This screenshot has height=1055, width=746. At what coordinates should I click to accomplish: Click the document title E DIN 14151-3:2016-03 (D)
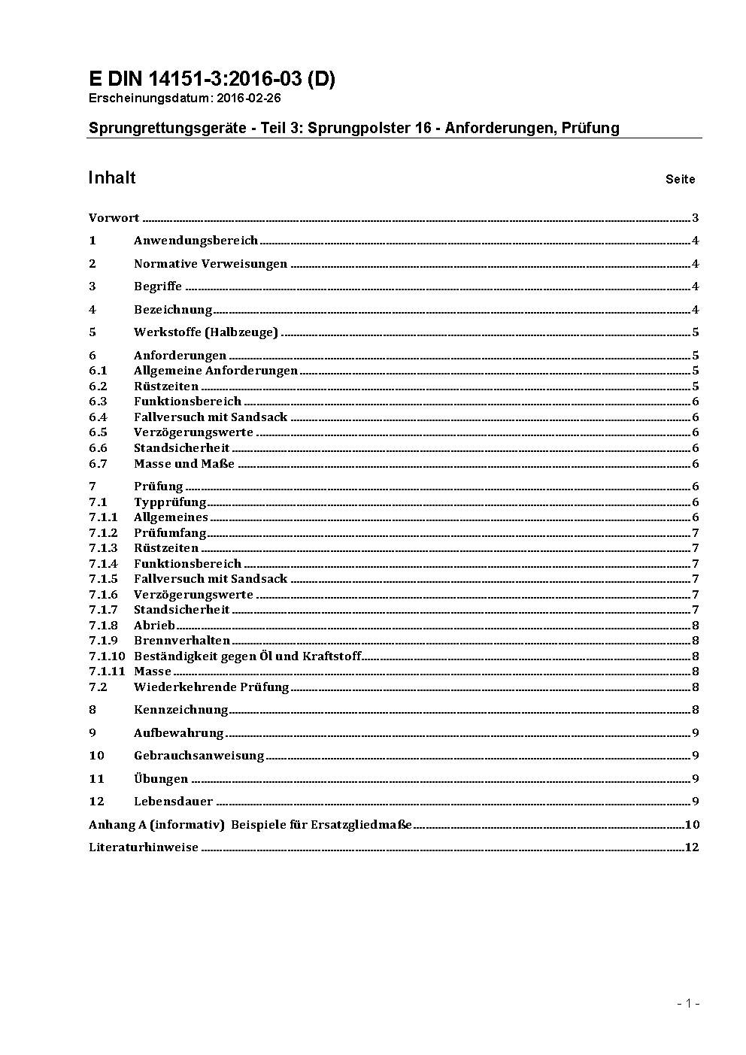[x=211, y=79]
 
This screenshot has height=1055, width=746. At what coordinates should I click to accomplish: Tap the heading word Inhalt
[x=112, y=177]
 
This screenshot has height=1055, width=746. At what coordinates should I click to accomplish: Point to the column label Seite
[x=680, y=180]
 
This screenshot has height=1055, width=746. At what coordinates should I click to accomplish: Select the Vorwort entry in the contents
[x=114, y=218]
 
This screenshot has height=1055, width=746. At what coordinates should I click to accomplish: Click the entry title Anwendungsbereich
[x=196, y=241]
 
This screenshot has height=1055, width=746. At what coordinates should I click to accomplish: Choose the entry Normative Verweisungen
[x=211, y=264]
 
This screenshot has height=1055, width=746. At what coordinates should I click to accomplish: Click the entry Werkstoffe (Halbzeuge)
[x=206, y=332]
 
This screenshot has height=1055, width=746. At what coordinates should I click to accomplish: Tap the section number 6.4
[x=98, y=417]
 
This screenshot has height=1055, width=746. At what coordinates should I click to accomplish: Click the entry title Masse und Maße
[x=184, y=464]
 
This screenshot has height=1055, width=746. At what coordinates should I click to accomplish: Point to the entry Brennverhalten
[x=182, y=641]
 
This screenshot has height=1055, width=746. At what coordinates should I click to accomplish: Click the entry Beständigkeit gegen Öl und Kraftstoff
[x=247, y=656]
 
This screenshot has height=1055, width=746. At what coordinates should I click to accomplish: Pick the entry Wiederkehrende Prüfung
[x=211, y=687]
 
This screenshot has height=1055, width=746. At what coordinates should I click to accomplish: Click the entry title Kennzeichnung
[x=180, y=710]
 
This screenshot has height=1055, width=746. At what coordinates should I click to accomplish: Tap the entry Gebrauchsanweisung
[x=199, y=756]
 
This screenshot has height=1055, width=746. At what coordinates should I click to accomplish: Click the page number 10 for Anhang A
[x=692, y=825]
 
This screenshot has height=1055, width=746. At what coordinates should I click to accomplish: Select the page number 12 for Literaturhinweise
[x=692, y=847]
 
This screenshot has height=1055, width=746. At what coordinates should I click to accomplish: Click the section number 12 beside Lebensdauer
[x=96, y=802]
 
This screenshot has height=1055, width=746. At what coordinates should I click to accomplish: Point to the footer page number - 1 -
[x=689, y=1003]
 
